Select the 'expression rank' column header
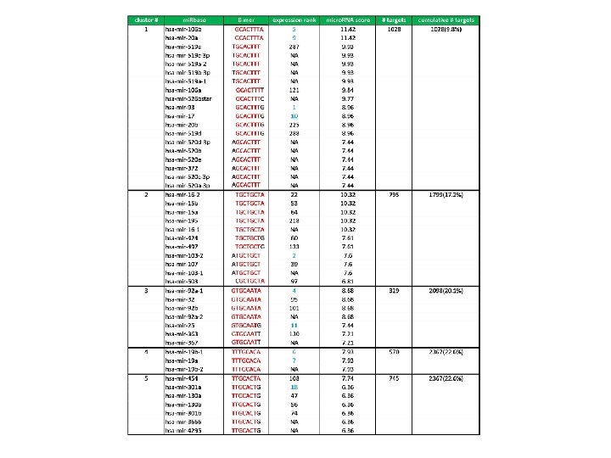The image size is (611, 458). pos(294,20)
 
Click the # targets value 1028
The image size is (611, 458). pos(394,29)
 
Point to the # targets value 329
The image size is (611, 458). pos(394,290)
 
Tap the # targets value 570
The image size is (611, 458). pos(394,350)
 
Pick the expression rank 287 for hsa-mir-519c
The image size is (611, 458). pos(294,46)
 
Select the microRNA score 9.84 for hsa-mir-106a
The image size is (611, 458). pos(347,89)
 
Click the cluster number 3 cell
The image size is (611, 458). pos(146,290)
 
